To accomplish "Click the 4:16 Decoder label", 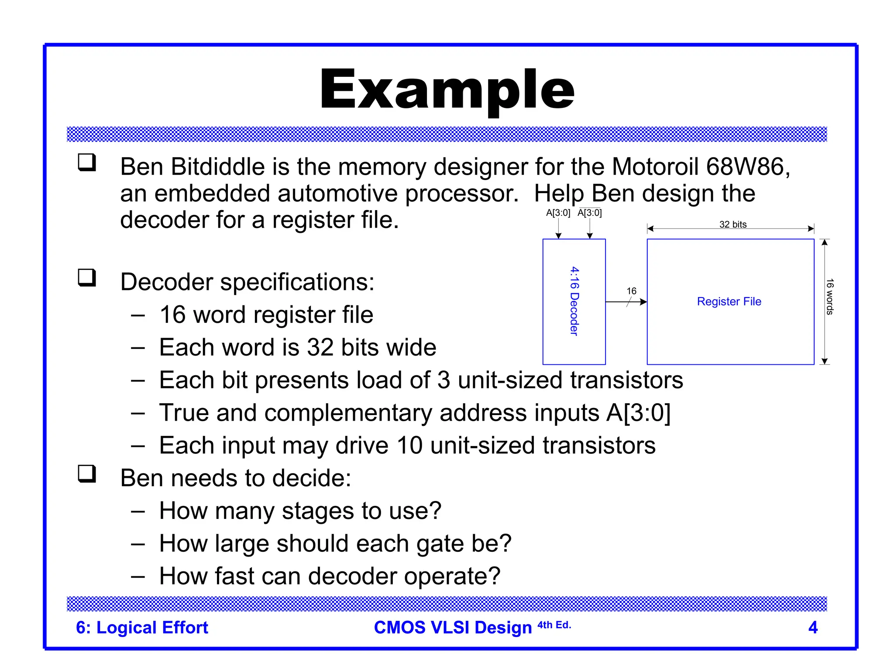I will [x=574, y=301].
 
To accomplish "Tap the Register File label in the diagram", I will [x=729, y=301].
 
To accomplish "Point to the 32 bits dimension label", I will [x=733, y=224].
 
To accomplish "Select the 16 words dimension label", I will [x=829, y=297].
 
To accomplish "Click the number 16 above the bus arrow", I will [x=631, y=291].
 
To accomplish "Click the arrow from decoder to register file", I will [x=626, y=302].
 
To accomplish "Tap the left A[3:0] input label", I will [x=558, y=213].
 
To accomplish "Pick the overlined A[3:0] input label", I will [x=589, y=213].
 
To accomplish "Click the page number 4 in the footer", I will [x=812, y=627].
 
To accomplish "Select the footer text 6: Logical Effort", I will [x=142, y=627].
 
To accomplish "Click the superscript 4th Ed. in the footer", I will [x=554, y=625].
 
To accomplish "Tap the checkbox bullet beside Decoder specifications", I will [x=87, y=277].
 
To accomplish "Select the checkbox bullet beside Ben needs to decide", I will [x=87, y=474].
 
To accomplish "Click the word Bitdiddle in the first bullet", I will [x=217, y=167].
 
